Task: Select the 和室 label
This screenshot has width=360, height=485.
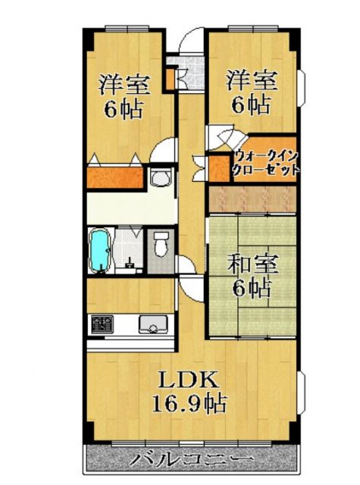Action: pos(254,265)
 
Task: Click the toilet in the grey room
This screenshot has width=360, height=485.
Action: pos(160,246)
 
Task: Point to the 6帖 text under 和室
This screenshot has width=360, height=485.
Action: pos(253,288)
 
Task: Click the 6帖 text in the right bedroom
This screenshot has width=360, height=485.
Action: pos(252,104)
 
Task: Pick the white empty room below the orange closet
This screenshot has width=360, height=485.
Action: pos(129,206)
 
